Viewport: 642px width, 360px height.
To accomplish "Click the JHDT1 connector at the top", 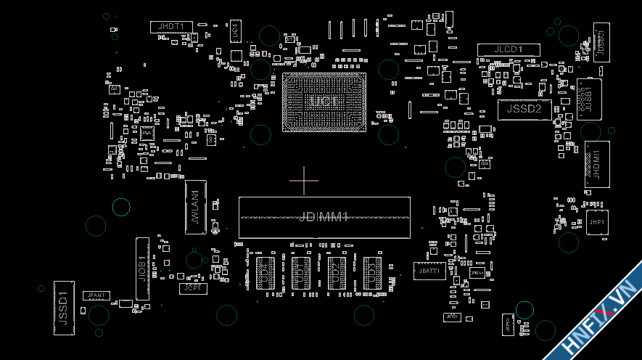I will point(171,27).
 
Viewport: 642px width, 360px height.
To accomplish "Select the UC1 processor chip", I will point(324,102).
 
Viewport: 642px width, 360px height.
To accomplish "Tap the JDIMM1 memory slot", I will point(324,217).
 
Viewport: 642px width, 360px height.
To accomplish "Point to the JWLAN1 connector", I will point(194,208).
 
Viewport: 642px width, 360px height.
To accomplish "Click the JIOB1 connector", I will point(142,269).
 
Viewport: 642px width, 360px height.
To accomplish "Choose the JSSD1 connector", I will point(64,308).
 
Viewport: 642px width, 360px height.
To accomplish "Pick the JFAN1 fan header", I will point(96,295).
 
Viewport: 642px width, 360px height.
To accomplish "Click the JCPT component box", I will point(193,288).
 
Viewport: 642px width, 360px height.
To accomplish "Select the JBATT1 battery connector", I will point(429,271).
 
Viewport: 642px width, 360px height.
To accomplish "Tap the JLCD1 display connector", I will point(509,49).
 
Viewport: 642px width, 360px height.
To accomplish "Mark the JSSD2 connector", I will point(524,110).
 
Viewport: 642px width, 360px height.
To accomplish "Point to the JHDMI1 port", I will point(597,164).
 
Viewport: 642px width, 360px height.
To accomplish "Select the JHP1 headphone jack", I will point(597,222).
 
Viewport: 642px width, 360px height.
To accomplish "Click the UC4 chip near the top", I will point(235,30).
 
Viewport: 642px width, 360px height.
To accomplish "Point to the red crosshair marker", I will point(304,180).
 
